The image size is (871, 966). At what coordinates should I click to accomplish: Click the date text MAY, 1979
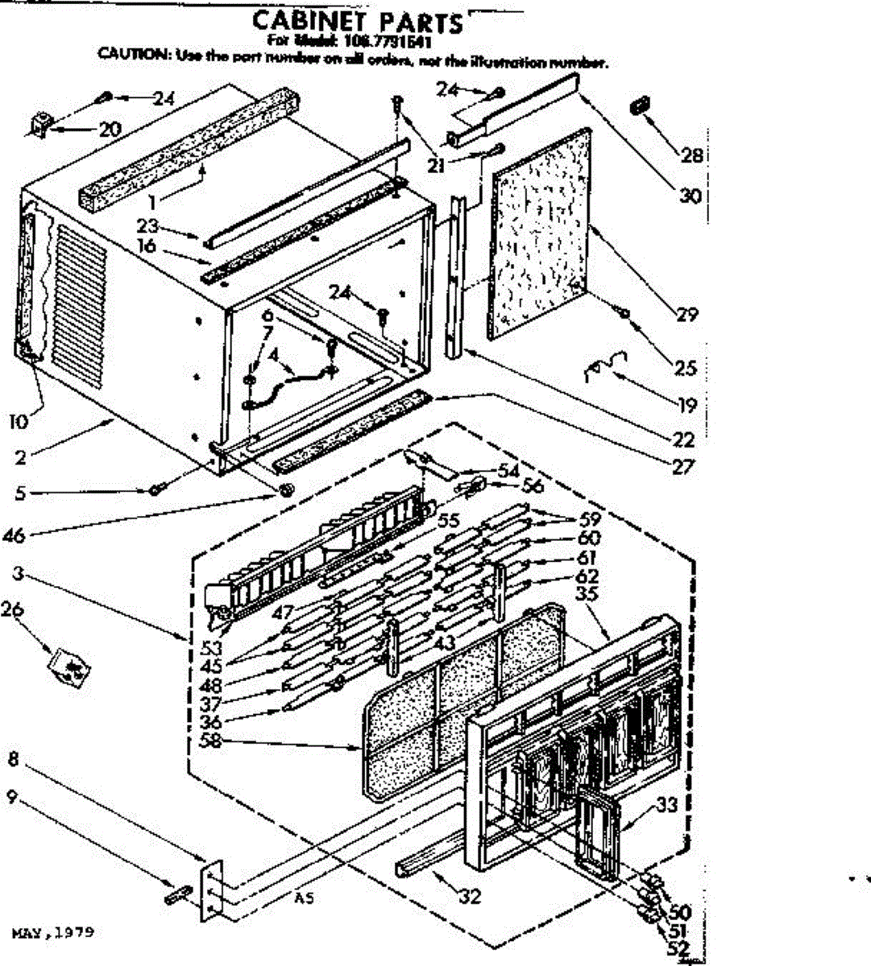click(x=53, y=933)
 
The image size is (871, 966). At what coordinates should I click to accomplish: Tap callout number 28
click(x=692, y=155)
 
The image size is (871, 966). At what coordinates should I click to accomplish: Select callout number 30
click(x=691, y=196)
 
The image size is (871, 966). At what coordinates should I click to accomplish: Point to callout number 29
click(x=686, y=314)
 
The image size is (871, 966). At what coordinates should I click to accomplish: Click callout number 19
click(x=686, y=405)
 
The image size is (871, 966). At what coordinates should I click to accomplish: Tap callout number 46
click(x=15, y=534)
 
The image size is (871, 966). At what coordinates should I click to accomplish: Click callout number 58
click(x=211, y=740)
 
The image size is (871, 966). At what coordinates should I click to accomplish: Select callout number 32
click(x=470, y=895)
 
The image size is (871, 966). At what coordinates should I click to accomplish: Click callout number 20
click(x=110, y=129)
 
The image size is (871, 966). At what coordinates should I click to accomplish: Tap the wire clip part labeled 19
click(x=600, y=366)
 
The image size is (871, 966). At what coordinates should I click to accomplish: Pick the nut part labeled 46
click(x=286, y=490)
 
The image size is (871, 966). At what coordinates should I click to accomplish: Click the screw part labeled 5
click(x=155, y=489)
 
